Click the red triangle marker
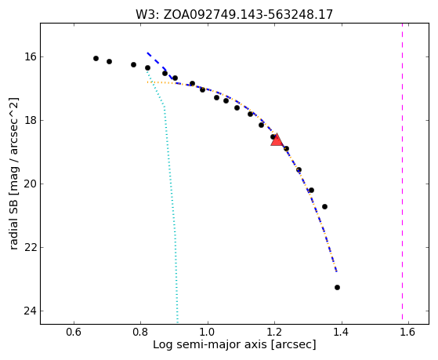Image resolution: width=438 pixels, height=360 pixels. (x=277, y=140)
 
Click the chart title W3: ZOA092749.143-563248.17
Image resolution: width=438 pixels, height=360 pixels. (x=234, y=14)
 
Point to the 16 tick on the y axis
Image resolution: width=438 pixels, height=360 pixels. (x=31, y=56)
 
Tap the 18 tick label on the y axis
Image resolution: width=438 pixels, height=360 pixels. (x=31, y=120)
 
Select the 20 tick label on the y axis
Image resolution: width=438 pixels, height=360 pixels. (x=31, y=184)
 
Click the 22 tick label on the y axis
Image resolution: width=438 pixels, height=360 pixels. (x=31, y=247)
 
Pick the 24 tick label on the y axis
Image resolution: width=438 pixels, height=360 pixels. (x=31, y=311)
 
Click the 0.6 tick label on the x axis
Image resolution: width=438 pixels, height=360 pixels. (x=74, y=332)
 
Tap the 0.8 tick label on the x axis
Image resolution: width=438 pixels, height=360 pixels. (x=140, y=332)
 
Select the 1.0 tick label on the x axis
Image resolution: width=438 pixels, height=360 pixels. (x=208, y=332)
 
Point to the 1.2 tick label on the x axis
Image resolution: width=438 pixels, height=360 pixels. (x=274, y=332)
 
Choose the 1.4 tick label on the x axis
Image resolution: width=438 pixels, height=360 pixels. (x=342, y=332)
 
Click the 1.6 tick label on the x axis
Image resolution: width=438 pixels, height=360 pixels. (x=408, y=332)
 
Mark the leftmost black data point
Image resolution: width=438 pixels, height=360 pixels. (x=96, y=59)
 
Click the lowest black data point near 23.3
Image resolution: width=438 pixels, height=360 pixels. (x=337, y=287)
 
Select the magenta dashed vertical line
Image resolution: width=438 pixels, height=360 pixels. (x=402, y=171)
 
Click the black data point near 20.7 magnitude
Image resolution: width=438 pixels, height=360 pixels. (x=324, y=207)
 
